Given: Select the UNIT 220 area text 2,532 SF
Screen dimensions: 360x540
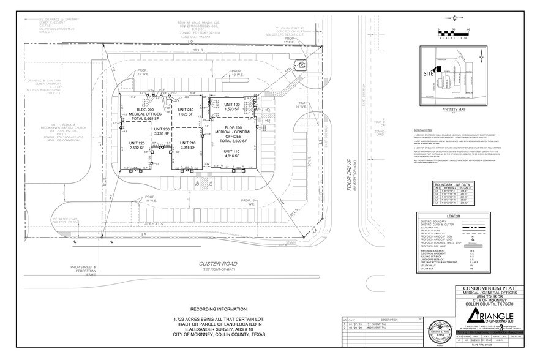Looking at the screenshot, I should coord(137,148).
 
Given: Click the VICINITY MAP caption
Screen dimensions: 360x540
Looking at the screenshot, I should coord(454,109).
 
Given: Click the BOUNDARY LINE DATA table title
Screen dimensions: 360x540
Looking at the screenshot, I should coord(452,184).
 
